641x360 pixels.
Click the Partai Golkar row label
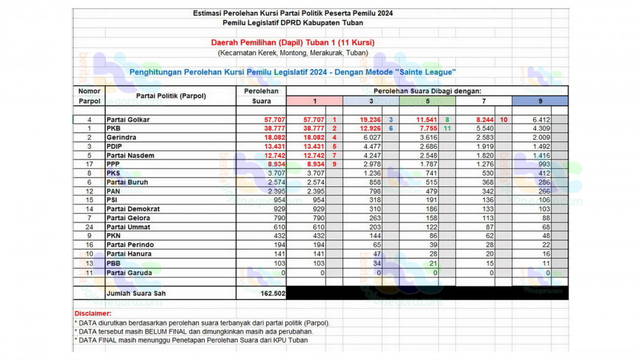point(128,120)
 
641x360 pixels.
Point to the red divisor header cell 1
point(314,101)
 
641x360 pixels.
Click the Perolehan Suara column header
point(261,96)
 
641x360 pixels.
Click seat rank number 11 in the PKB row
point(447,129)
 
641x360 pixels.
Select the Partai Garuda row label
point(129,272)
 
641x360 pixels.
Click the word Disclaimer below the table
point(92,313)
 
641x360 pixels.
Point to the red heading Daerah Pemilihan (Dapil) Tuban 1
point(293,42)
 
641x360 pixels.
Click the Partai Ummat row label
point(128,227)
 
